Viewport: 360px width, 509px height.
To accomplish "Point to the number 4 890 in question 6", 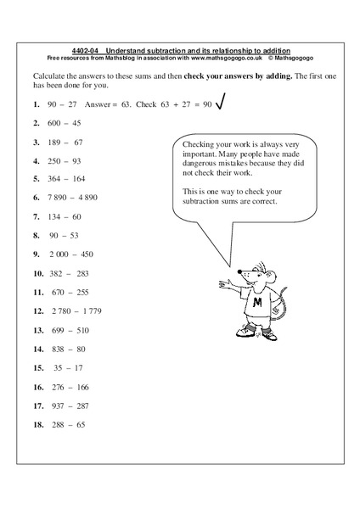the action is (x=97, y=196).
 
